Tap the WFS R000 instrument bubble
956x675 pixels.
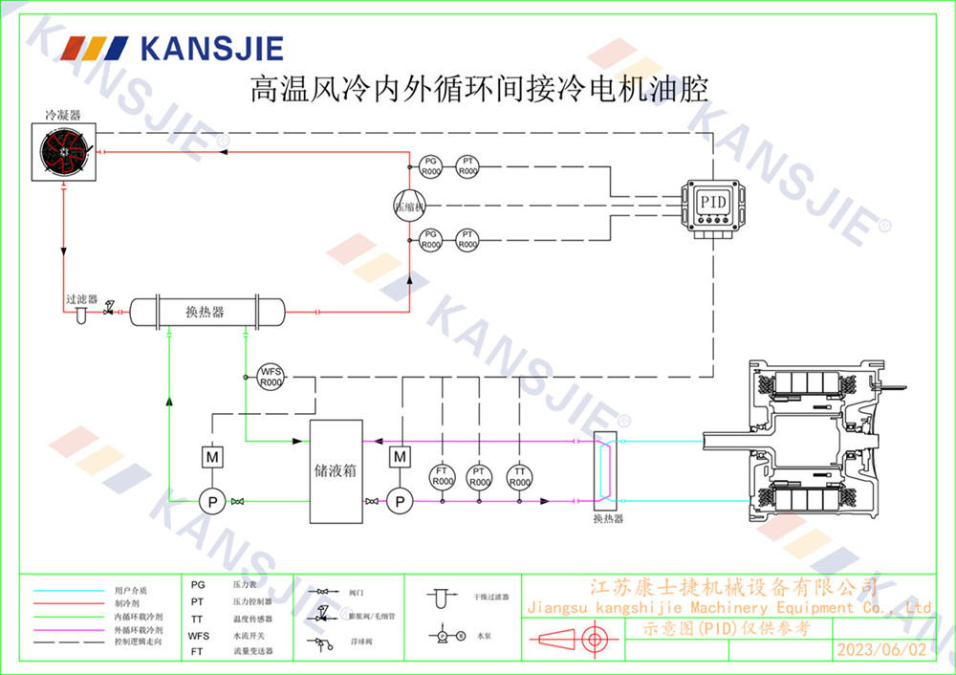coord(271,377)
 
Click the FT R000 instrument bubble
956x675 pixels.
coord(442,476)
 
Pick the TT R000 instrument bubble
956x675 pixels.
coord(518,476)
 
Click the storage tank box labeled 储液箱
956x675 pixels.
coord(337,470)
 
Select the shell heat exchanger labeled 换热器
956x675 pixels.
coord(206,312)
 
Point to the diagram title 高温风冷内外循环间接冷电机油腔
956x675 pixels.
coord(478,90)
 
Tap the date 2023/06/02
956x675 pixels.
coord(881,649)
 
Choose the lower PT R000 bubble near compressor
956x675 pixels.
coord(467,239)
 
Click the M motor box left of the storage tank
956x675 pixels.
coord(212,458)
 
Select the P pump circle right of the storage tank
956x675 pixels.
coord(400,500)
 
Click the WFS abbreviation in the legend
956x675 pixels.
coord(198,635)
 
